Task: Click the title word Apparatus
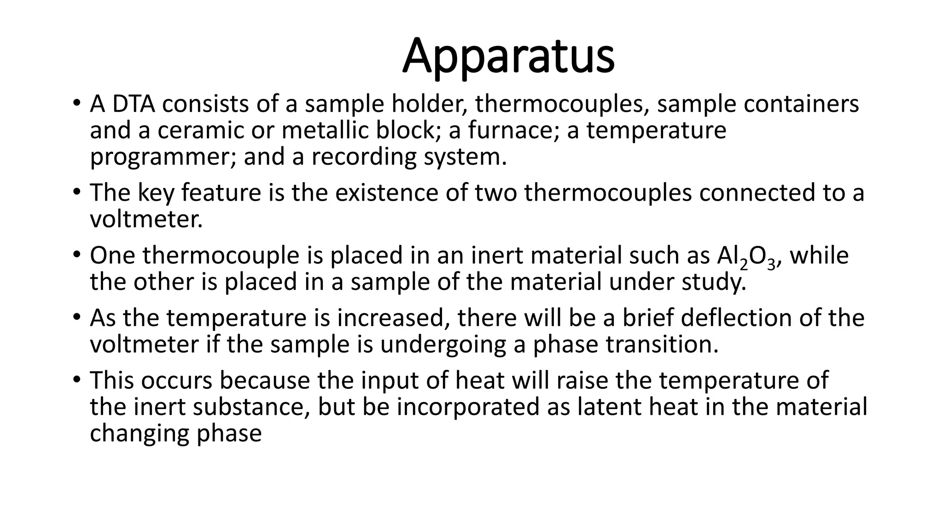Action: [508, 56]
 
